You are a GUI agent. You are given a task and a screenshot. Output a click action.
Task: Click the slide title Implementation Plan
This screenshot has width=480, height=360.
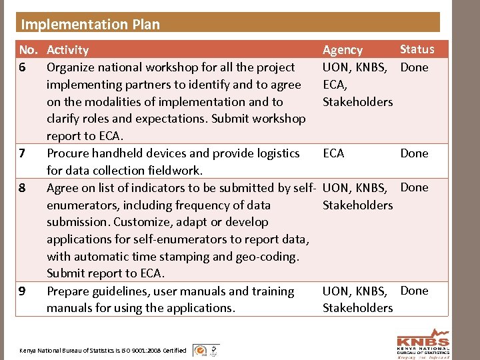tap(91, 25)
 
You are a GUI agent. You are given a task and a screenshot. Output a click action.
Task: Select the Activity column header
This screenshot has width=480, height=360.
tap(67, 50)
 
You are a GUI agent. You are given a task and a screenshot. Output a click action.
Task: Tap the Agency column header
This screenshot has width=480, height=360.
tap(342, 50)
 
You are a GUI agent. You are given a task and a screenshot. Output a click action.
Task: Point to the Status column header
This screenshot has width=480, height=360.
tap(417, 49)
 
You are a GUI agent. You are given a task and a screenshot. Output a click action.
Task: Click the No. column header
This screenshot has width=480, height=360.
tap(28, 50)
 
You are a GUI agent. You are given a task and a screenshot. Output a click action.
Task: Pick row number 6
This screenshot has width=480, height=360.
tap(23, 67)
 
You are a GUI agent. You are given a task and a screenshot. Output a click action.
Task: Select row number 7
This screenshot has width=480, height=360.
tap(23, 153)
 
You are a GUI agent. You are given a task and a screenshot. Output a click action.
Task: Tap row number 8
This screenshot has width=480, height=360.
tap(23, 188)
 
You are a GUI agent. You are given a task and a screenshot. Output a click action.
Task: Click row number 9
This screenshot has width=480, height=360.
tap(23, 291)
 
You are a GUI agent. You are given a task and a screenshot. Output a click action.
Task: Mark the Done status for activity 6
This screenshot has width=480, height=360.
tap(414, 67)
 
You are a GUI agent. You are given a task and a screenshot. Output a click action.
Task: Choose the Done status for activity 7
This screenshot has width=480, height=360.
tap(414, 153)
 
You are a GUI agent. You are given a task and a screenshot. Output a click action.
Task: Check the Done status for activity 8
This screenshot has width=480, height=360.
tap(414, 187)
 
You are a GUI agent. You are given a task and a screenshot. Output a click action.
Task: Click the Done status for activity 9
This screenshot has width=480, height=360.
tap(414, 291)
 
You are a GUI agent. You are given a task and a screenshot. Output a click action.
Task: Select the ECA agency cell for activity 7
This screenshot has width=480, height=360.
tap(333, 153)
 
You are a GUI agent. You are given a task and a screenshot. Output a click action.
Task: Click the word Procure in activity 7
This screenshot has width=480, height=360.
tap(67, 153)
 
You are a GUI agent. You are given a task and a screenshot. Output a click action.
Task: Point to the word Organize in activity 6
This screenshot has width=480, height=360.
tap(71, 67)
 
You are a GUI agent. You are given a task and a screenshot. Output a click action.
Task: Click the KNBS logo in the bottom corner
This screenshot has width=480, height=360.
tap(423, 343)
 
